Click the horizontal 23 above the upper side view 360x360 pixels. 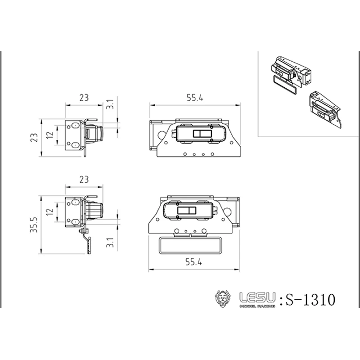tap(84, 97)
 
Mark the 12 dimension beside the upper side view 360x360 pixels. tap(50, 134)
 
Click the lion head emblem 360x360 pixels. tap(224, 299)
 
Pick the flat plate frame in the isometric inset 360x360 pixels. tap(285, 85)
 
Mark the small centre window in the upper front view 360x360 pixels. tap(202, 134)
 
